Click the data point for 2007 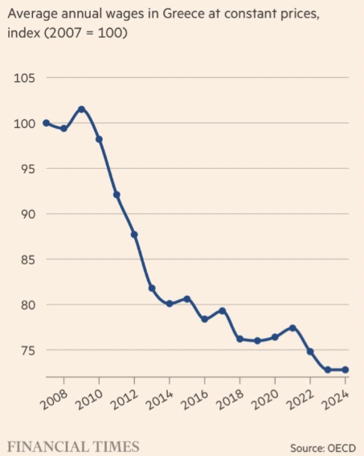(46, 123)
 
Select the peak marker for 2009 (81, 109)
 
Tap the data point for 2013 (152, 288)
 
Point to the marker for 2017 (222, 310)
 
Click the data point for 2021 (292, 327)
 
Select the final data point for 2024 (345, 370)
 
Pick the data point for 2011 (117, 195)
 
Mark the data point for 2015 (186, 298)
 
